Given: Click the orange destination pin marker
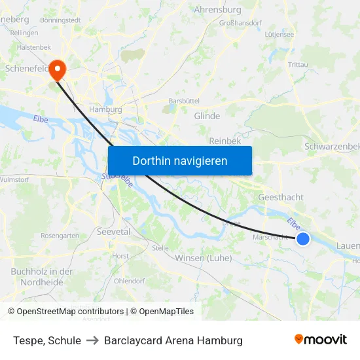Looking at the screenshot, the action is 57,68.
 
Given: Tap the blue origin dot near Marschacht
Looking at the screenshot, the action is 302,239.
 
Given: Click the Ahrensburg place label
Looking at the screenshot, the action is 217,10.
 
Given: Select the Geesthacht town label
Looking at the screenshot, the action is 281,197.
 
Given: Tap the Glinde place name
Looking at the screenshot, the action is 207,116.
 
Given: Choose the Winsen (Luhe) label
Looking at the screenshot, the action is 204,258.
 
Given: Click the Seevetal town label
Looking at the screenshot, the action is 113,232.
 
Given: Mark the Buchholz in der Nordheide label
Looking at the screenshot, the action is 41,276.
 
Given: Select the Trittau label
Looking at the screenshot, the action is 298,64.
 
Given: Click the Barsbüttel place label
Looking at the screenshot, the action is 183,101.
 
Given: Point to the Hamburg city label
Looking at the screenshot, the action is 105,109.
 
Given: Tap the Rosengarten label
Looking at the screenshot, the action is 60,236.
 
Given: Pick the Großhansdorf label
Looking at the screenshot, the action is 240,22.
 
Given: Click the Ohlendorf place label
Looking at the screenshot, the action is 129,281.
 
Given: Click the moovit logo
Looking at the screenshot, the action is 320,339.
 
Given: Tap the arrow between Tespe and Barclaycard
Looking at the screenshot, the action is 92,340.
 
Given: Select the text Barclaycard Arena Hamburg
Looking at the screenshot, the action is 173,340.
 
